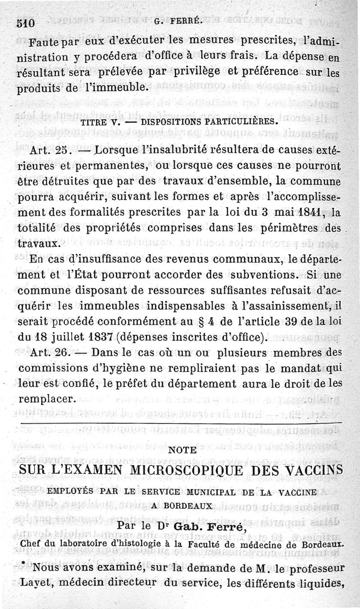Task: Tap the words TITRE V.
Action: [97, 122]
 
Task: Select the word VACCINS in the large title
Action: [312, 470]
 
